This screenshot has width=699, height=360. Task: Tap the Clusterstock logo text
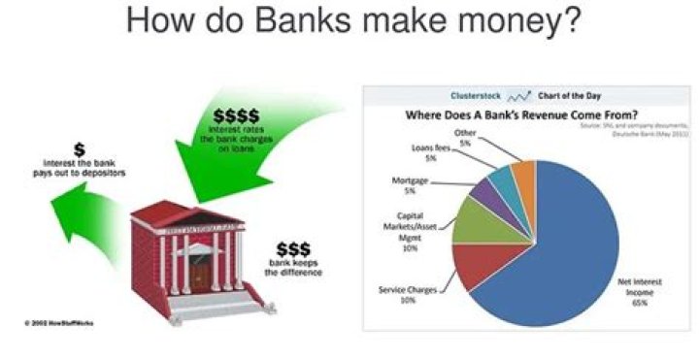pos(475,96)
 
